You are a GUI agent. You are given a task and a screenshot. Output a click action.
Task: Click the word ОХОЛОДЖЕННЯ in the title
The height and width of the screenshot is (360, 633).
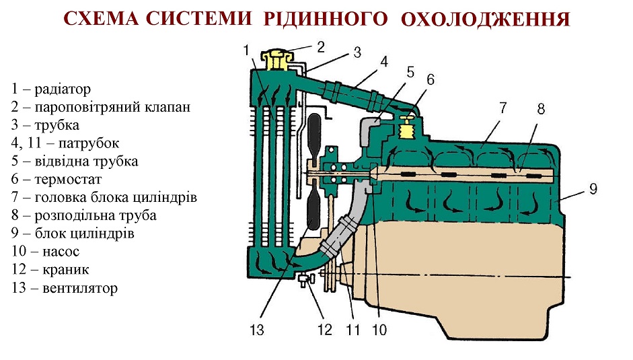(x=485, y=19)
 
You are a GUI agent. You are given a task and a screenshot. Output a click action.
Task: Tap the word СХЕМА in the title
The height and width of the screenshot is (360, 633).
(x=102, y=19)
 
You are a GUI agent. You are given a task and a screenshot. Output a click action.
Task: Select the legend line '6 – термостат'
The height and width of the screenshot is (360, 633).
(x=57, y=179)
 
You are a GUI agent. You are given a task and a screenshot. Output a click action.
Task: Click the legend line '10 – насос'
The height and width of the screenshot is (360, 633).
(x=45, y=251)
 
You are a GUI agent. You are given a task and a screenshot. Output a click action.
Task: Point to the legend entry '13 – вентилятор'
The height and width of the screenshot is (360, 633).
(x=65, y=288)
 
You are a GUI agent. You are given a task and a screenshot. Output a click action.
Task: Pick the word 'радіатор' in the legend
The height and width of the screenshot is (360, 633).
(x=63, y=89)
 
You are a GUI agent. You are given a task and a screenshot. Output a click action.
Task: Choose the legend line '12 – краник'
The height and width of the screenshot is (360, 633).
(x=50, y=269)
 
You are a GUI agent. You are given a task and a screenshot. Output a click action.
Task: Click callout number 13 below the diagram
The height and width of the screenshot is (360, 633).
(x=257, y=330)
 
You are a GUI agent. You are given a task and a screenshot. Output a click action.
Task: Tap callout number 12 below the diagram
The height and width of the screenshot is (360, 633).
(x=325, y=330)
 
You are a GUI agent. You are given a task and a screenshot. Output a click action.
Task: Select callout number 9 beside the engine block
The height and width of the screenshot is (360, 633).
(x=593, y=188)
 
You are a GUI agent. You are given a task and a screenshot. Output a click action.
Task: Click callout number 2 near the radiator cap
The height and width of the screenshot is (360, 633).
(x=321, y=47)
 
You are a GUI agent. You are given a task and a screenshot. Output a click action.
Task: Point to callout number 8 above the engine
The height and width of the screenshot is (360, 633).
(x=541, y=109)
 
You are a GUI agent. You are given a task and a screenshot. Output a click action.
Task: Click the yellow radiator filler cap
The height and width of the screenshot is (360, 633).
(x=275, y=59)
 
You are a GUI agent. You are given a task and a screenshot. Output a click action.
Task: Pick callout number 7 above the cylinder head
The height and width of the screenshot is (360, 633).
(x=502, y=108)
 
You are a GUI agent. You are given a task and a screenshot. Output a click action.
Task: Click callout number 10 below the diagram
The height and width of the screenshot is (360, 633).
(x=379, y=330)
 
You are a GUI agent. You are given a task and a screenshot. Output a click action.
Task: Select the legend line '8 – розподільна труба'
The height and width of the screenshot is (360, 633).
(x=84, y=215)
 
